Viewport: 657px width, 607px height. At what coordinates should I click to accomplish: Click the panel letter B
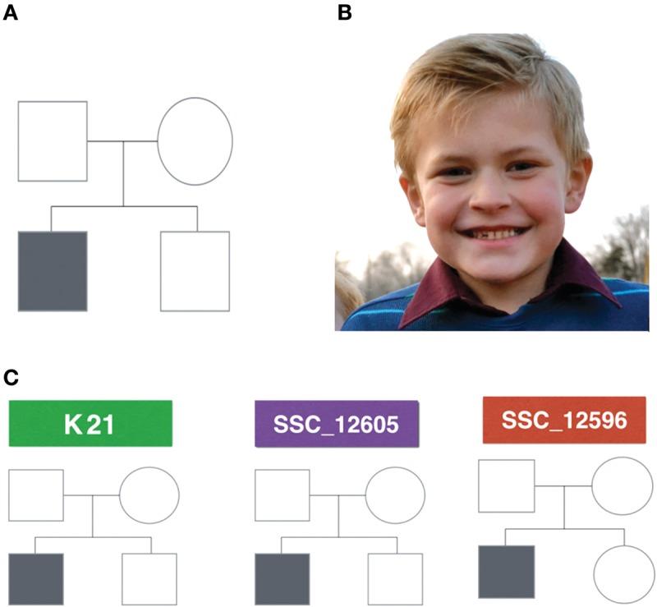click(x=344, y=12)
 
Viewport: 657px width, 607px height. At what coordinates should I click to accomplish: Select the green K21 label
click(x=90, y=423)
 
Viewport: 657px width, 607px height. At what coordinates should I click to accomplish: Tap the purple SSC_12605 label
click(x=337, y=424)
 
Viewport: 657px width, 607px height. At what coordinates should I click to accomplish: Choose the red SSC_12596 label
click(x=564, y=420)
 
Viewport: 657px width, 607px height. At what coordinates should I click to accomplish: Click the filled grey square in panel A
click(x=52, y=271)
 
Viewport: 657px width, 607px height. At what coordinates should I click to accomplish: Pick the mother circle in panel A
click(x=195, y=140)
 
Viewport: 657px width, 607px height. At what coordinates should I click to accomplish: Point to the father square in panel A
click(x=52, y=140)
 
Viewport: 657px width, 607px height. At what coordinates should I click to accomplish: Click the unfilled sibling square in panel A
click(x=195, y=271)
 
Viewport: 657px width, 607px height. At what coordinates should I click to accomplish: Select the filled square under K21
click(x=36, y=578)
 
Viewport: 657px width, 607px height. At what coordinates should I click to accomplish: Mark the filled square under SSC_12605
click(x=282, y=578)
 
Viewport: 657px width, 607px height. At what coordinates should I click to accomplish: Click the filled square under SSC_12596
click(x=506, y=571)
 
